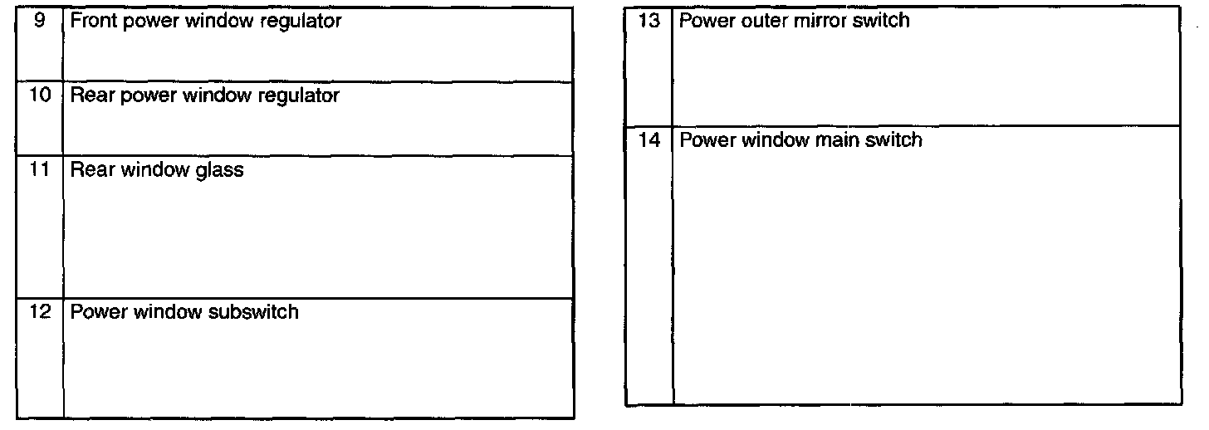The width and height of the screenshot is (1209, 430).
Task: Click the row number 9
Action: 40,20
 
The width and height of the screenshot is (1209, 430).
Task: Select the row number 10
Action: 40,95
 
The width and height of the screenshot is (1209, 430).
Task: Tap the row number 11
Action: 40,171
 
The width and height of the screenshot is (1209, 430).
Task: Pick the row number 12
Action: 40,312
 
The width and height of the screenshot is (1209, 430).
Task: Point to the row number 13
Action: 649,20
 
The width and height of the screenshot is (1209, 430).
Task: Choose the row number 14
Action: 649,140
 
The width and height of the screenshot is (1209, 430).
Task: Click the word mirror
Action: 819,21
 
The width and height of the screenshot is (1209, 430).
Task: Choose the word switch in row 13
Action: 881,21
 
